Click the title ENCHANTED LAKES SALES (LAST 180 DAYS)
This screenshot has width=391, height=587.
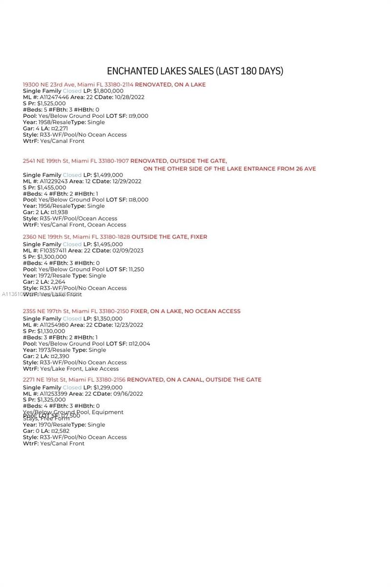pos(195,71)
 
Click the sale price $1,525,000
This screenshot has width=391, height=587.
pos(51,104)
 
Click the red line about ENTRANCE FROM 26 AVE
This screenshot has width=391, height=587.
pos(230,169)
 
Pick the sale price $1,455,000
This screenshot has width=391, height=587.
pos(51,188)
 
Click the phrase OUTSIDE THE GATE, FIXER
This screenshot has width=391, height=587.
pos(169,237)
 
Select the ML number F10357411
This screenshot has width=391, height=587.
pos(53,250)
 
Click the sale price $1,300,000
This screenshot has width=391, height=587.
pos(51,257)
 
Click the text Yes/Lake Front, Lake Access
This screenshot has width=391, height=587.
pos(79,369)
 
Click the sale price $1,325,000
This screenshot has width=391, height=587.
pos(51,400)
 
